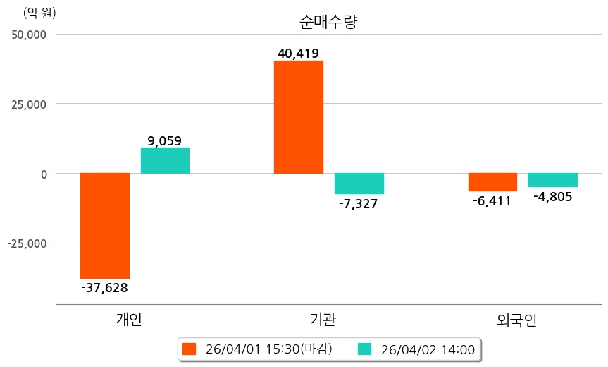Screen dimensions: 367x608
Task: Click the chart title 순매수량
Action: click(x=328, y=22)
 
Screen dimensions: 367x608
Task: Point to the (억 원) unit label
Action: click(x=39, y=13)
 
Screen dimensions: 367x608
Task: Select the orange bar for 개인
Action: click(x=105, y=226)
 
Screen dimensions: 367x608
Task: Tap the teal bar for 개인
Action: click(x=165, y=160)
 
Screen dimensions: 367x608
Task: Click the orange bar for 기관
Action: click(x=299, y=117)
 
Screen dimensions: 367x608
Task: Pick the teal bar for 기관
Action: click(x=359, y=183)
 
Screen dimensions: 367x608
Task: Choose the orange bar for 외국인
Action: click(x=492, y=182)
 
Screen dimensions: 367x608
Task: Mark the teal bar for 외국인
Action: click(x=553, y=180)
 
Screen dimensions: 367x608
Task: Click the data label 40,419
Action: click(x=299, y=53)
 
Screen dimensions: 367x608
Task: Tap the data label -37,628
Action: click(x=105, y=287)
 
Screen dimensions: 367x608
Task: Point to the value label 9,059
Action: click(x=165, y=140)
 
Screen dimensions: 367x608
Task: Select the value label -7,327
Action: click(x=359, y=203)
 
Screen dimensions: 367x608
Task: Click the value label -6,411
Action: click(x=492, y=201)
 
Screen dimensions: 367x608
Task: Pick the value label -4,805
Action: click(x=553, y=197)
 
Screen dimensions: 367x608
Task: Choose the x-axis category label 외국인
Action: click(x=516, y=320)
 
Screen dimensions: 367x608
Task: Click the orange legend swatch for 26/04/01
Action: click(x=189, y=349)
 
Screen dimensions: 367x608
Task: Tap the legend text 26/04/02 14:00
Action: click(x=428, y=349)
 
